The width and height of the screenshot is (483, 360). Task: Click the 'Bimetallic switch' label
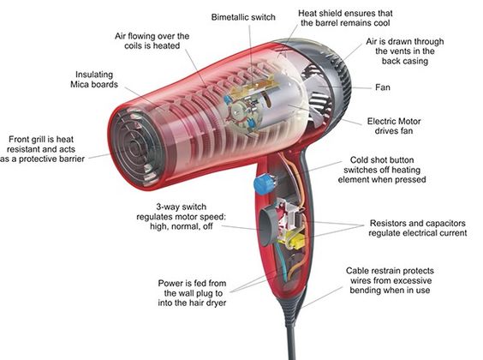tap(243, 17)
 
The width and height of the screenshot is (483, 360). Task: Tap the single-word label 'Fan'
tap(383, 87)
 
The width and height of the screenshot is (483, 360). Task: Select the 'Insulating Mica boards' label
tap(94, 80)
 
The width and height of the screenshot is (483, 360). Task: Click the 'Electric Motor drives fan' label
tap(394, 126)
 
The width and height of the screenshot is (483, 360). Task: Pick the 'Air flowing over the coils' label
tap(152, 41)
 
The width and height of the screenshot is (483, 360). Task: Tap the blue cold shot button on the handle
tap(264, 184)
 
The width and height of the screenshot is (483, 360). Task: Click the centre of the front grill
tap(136, 147)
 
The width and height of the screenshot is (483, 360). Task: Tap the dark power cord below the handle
tap(291, 339)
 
